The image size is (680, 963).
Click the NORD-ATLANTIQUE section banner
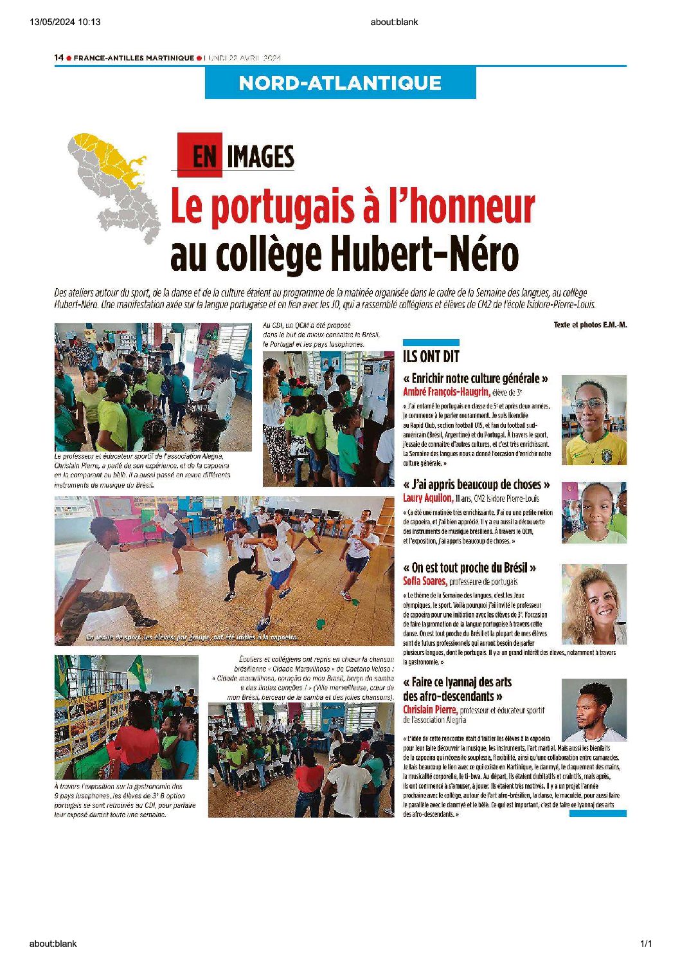340,83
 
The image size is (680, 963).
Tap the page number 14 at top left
58,58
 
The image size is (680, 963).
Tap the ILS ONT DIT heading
431,356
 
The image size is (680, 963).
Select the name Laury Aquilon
428,498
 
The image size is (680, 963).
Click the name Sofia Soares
424,581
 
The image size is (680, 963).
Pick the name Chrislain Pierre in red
430,710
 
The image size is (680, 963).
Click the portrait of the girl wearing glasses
594,420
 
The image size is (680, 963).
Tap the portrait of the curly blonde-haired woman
594,604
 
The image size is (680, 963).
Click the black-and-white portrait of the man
594,710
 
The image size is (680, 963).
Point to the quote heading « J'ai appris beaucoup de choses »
476,484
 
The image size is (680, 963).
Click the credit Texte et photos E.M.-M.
589,325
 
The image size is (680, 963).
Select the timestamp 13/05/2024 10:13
65,22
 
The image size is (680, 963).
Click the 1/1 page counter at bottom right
645,944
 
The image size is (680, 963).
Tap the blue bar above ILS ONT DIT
431,342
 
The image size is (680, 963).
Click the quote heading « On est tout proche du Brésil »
469,567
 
